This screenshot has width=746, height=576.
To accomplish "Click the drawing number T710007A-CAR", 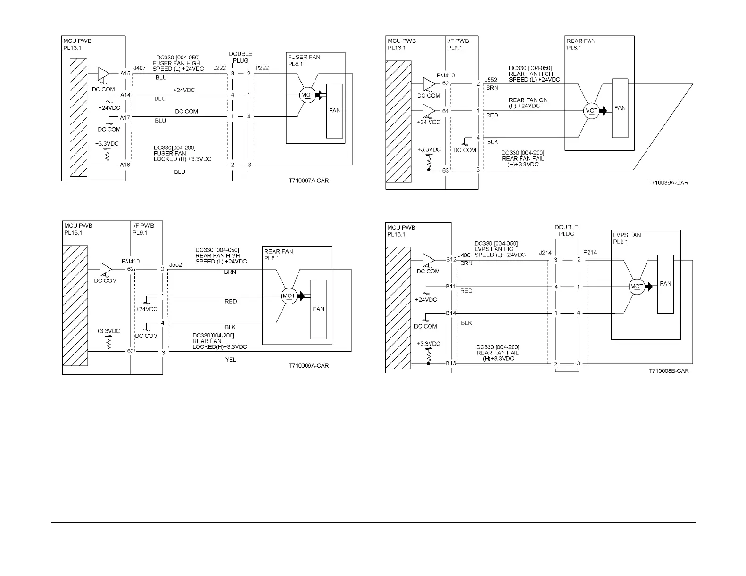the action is click(309, 181).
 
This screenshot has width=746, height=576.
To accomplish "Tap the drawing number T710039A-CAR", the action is click(668, 183).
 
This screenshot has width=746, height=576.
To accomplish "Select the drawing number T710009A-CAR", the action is click(309, 366).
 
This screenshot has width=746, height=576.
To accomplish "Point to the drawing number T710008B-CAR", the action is click(669, 371).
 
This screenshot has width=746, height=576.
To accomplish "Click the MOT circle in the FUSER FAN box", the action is click(307, 95).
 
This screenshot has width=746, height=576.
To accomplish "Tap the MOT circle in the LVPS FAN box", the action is click(637, 286).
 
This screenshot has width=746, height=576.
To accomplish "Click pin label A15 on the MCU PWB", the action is click(125, 73).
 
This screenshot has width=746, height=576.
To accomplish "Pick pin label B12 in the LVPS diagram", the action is click(451, 259).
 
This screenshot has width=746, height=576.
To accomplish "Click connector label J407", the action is click(139, 68).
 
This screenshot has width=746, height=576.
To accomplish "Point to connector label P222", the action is click(262, 68).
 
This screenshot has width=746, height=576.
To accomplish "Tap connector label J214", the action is click(545, 253).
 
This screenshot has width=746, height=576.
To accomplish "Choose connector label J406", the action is click(464, 255).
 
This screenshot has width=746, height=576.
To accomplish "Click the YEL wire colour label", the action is click(231, 360).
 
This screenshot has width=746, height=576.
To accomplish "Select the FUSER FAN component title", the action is click(304, 57).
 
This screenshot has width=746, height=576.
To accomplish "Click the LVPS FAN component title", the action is click(627, 235).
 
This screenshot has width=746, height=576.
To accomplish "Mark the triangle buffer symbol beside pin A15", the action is click(103, 74).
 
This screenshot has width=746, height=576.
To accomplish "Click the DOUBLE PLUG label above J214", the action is click(566, 230).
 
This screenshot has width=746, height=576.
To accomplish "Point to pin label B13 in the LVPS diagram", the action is click(451, 363).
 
